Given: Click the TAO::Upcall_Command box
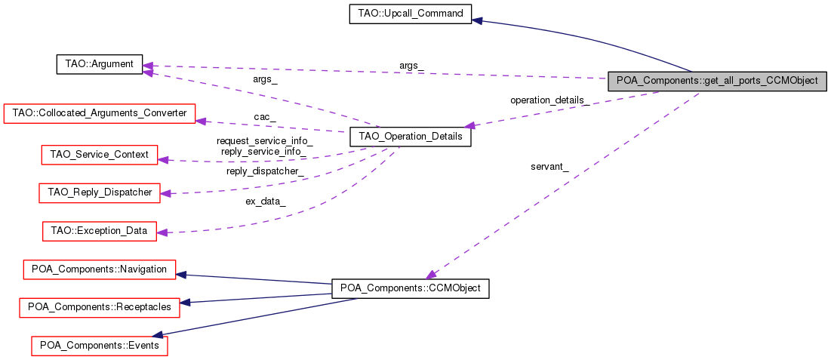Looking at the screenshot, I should pyautogui.click(x=411, y=14).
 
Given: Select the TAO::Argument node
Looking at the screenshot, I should pyautogui.click(x=100, y=64).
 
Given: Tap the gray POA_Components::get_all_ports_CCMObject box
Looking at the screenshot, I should pyautogui.click(x=717, y=81).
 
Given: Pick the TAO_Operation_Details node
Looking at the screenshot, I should pyautogui.click(x=411, y=138).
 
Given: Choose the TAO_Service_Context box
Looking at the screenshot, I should pyautogui.click(x=98, y=155).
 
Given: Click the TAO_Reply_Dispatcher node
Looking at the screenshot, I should pyautogui.click(x=100, y=192).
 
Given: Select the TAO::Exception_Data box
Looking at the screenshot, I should pyautogui.click(x=100, y=230).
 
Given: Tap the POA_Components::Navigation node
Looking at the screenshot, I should pyautogui.click(x=100, y=269).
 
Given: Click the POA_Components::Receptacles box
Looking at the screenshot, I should pyautogui.click(x=100, y=306).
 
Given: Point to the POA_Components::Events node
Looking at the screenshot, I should pyautogui.click(x=100, y=345).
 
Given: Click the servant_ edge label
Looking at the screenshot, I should pyautogui.click(x=549, y=167).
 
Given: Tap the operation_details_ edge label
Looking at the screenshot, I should pyautogui.click(x=549, y=100).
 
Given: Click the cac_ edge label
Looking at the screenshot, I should pyautogui.click(x=264, y=117).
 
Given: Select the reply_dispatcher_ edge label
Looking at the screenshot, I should pyautogui.click(x=266, y=171).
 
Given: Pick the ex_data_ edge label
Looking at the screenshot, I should pyautogui.click(x=266, y=201).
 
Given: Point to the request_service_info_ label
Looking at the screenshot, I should pyautogui.click(x=264, y=141).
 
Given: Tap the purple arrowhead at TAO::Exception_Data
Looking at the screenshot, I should pyautogui.click(x=162, y=232).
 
